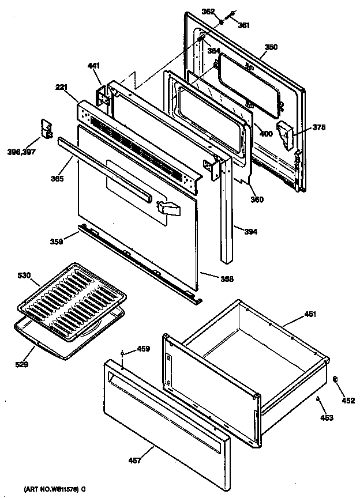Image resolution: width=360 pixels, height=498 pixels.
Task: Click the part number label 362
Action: (208, 11)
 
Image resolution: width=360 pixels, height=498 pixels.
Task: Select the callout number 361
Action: (244, 25)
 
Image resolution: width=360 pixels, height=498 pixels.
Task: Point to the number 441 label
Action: (94, 66)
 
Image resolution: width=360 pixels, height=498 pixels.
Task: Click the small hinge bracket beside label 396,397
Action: (46, 129)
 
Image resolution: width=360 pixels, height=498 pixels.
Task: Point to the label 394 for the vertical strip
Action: (251, 232)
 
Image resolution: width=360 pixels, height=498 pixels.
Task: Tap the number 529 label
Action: (22, 364)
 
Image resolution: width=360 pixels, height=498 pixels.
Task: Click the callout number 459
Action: (142, 349)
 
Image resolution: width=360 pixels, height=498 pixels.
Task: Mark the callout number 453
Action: (327, 417)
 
